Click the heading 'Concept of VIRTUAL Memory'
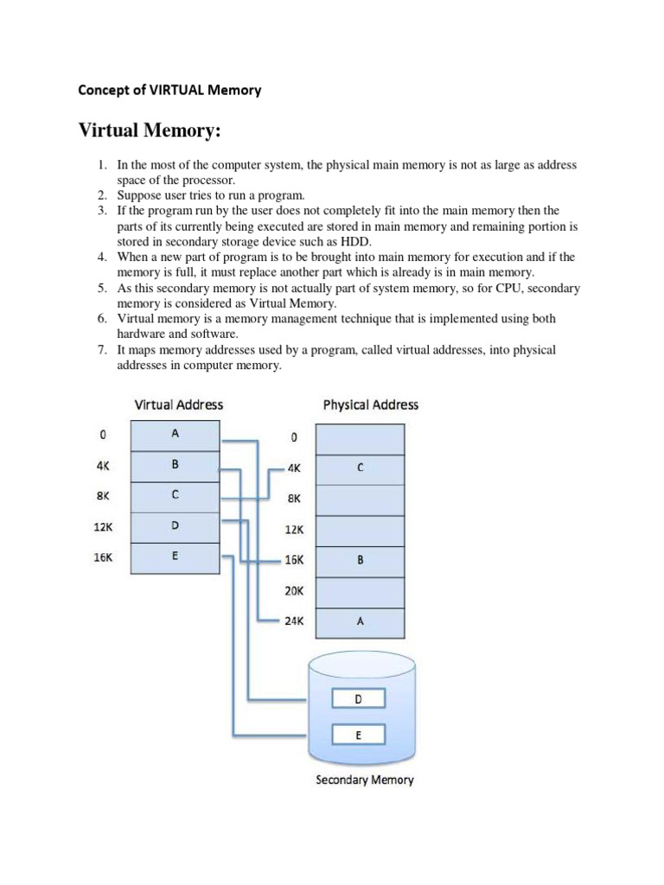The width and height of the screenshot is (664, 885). point(169,90)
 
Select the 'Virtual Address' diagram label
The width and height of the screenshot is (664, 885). point(178,404)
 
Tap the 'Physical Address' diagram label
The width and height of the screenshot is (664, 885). point(370,404)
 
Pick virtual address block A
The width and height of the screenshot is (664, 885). point(175,436)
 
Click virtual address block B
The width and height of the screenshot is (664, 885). point(175,466)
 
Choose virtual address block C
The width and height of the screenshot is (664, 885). point(175,496)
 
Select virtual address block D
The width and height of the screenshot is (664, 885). point(175,526)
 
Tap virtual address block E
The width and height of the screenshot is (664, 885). point(175,557)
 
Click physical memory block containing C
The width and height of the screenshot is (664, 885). point(360,468)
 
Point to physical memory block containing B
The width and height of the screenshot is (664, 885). point(360,560)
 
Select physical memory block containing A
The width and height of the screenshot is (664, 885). point(360,621)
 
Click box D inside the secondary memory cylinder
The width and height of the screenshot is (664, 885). point(358,700)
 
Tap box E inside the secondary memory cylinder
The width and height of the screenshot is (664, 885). point(358,735)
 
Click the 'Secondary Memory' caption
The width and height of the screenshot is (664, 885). point(364,780)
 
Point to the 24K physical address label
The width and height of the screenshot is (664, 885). point(294,621)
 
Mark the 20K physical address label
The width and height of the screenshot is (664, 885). point(294,590)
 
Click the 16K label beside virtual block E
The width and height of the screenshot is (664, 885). point(103,557)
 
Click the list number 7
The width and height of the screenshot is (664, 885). point(100,350)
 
